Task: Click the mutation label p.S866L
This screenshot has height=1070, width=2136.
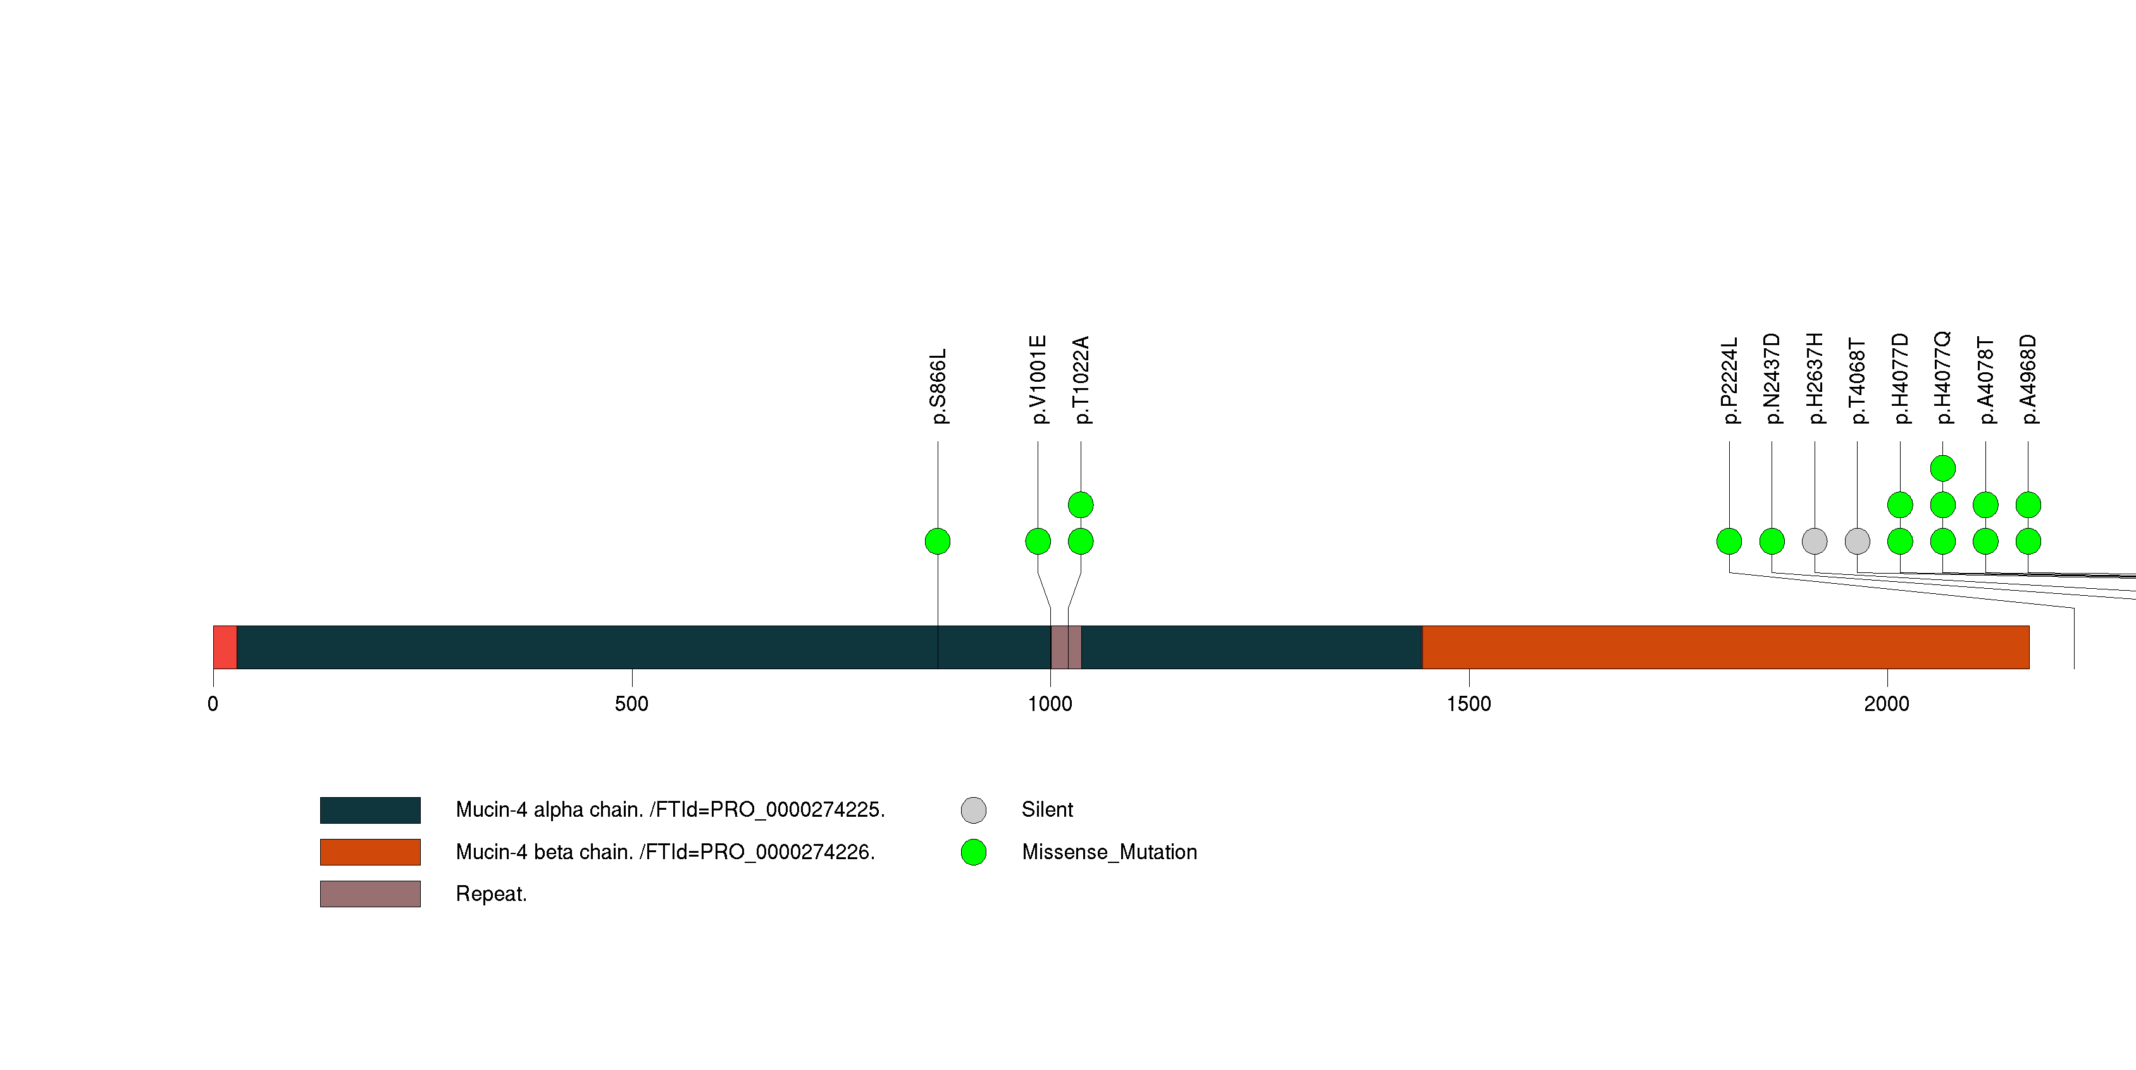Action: click(938, 386)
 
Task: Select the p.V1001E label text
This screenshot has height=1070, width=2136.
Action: click(1038, 380)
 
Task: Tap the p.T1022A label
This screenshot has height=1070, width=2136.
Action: click(1081, 380)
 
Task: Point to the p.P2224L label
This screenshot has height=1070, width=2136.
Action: click(1729, 381)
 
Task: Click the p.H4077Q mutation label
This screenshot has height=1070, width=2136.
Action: click(1943, 378)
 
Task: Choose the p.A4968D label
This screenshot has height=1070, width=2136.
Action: click(2028, 379)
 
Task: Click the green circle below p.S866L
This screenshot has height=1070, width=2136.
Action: click(938, 541)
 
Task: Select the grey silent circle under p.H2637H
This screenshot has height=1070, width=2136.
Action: click(1815, 541)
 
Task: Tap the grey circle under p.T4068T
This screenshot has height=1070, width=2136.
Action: click(1858, 541)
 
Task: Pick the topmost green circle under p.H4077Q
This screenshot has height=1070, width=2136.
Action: click(1943, 469)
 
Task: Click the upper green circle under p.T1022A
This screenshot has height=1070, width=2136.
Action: click(1081, 505)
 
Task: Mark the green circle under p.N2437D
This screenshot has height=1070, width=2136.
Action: click(1772, 541)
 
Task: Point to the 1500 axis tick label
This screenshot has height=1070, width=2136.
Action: click(1468, 704)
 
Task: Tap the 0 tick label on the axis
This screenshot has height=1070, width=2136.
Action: click(213, 704)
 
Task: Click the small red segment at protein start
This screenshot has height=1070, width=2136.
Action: click(225, 647)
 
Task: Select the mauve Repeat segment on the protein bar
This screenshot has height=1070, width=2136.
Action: click(1065, 647)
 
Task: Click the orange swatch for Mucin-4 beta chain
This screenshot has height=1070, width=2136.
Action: click(370, 852)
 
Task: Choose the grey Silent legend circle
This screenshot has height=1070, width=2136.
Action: click(974, 810)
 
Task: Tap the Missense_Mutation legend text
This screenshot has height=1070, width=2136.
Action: click(1108, 852)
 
